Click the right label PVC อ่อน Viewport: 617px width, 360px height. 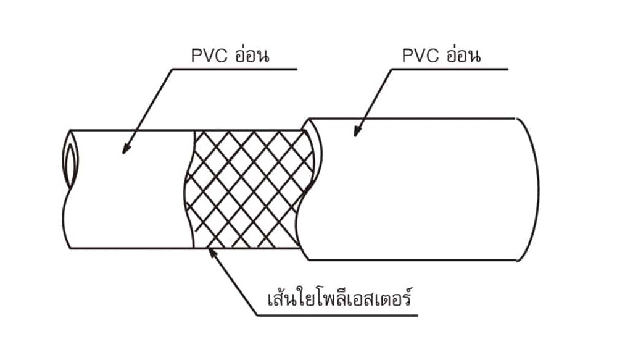tap(441, 56)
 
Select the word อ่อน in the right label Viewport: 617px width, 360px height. tap(463, 55)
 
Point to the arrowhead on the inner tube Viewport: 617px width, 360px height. tap(125, 148)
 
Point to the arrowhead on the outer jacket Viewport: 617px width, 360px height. tap(356, 131)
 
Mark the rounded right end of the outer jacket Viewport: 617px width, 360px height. tap(531, 188)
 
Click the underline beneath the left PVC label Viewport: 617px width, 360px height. tap(234, 69)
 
